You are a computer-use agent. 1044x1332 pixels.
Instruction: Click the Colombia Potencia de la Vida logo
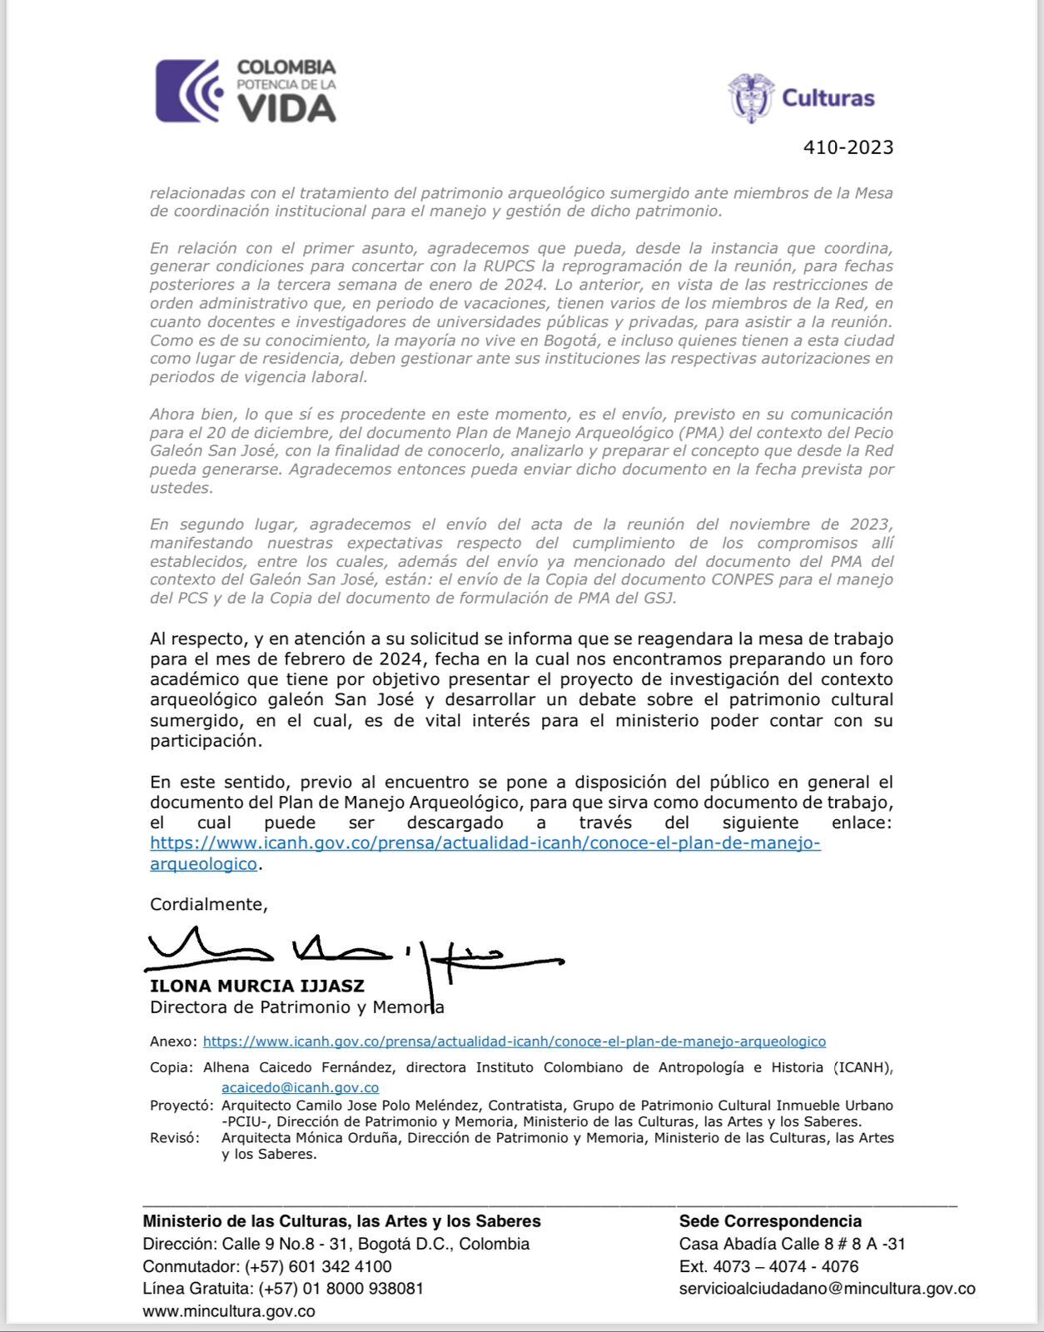(x=246, y=92)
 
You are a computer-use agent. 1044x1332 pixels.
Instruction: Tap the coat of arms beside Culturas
(x=750, y=97)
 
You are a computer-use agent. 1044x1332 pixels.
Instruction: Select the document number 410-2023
(x=848, y=147)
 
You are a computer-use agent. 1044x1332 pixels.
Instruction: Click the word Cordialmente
(x=208, y=904)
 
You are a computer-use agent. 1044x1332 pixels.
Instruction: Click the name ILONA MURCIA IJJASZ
(x=256, y=987)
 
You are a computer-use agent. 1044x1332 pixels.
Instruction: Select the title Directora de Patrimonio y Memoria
(x=296, y=1007)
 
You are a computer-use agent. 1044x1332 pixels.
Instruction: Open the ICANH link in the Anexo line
(x=514, y=1041)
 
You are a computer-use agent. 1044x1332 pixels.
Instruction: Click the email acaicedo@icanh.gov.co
(x=300, y=1087)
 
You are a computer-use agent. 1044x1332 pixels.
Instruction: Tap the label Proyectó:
(x=181, y=1106)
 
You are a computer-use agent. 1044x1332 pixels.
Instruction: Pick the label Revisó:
(x=174, y=1138)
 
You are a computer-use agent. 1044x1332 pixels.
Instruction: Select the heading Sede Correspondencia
(x=770, y=1221)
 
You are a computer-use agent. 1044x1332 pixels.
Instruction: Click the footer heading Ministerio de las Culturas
(x=341, y=1221)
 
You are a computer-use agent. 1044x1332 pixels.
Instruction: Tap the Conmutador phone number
(x=318, y=1266)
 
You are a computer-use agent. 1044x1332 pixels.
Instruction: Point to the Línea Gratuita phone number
(x=341, y=1289)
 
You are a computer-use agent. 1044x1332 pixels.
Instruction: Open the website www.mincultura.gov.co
(x=229, y=1311)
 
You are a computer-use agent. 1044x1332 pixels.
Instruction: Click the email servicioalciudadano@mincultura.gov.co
(x=827, y=1289)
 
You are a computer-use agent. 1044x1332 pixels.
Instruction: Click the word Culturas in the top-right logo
(x=828, y=98)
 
